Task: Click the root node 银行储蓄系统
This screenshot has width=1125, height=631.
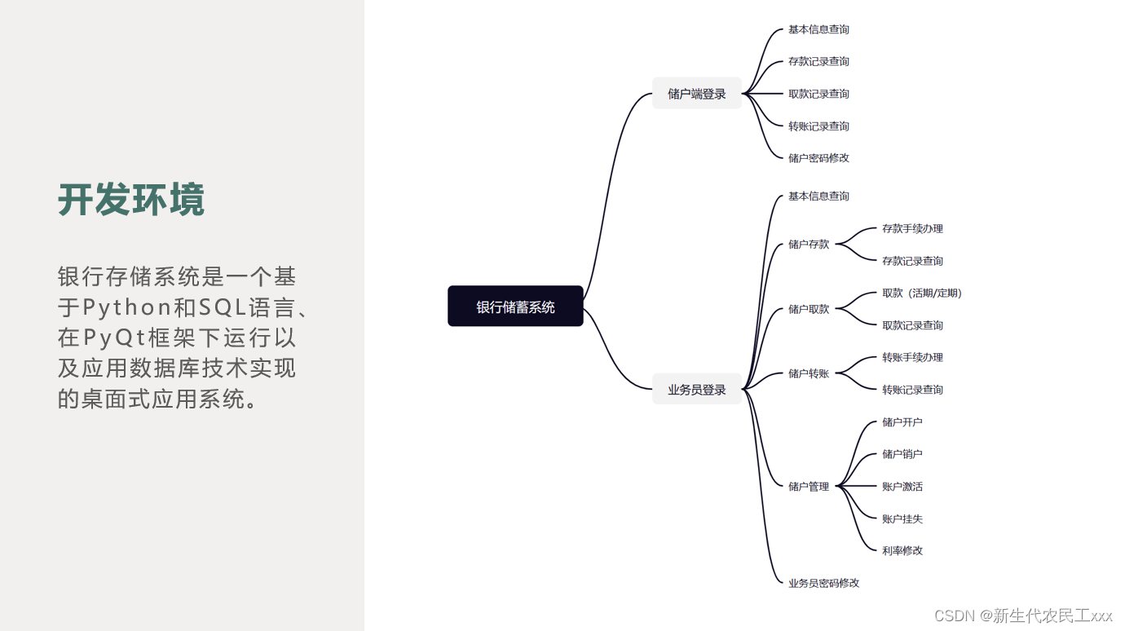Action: click(x=515, y=307)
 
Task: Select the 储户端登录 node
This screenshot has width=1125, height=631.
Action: click(x=697, y=94)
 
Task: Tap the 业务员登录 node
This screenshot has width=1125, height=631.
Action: click(x=697, y=390)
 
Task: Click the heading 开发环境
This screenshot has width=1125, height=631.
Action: click(x=131, y=200)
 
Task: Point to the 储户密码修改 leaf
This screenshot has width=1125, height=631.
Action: click(x=818, y=158)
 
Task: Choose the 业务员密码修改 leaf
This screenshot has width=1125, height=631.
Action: click(x=823, y=583)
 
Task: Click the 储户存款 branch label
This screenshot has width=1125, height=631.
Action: click(x=809, y=245)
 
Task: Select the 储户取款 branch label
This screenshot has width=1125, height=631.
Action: click(x=809, y=309)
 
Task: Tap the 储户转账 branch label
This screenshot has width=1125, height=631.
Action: click(x=809, y=373)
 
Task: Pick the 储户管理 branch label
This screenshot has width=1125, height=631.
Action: click(x=809, y=487)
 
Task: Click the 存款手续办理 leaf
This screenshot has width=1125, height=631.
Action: click(x=912, y=228)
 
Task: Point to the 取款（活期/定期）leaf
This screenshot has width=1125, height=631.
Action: click(x=922, y=293)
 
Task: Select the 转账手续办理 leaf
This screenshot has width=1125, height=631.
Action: click(x=912, y=357)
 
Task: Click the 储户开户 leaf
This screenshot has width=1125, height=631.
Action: click(x=902, y=422)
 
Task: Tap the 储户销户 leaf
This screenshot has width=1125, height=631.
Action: click(x=902, y=454)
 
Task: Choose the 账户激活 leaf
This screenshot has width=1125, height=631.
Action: click(x=902, y=487)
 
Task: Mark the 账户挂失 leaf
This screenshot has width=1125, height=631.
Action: click(x=902, y=518)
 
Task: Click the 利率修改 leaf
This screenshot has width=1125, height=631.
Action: click(x=902, y=550)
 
